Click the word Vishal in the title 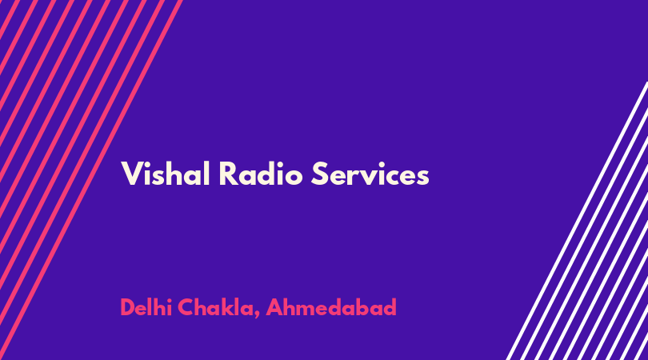pos(166,174)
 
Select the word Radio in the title pos(261,174)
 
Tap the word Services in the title pos(370,174)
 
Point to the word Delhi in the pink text pos(146,307)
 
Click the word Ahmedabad pos(331,307)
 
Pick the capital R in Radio pos(228,174)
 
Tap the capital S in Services pos(319,174)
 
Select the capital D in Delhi pos(128,307)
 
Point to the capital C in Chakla pos(186,307)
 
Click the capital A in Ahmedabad pos(275,307)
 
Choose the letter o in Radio pos(294,177)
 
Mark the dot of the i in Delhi pos(169,300)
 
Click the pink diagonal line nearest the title pos(90,180)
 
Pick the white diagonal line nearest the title pos(577,221)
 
